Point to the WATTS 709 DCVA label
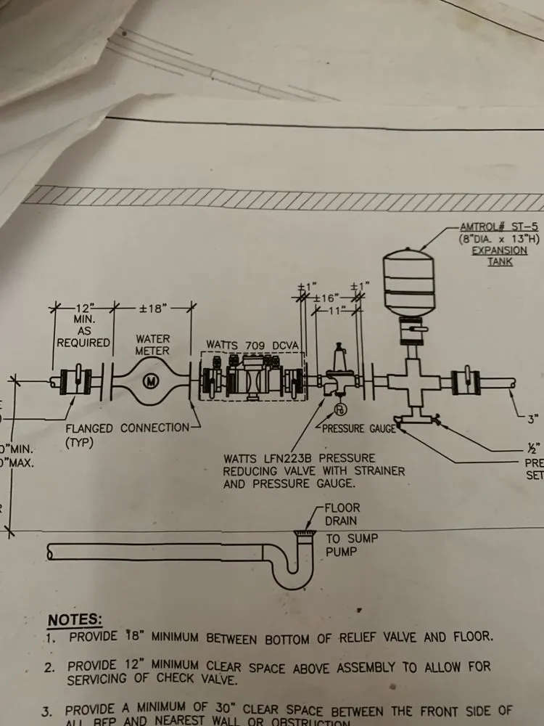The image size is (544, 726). coord(248,343)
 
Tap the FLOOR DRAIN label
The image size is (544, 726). coord(342,515)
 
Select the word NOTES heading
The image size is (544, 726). coord(75,620)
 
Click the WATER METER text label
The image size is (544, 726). coord(152,345)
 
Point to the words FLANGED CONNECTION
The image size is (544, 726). coord(127,428)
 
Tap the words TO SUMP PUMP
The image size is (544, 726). coord(342,545)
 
